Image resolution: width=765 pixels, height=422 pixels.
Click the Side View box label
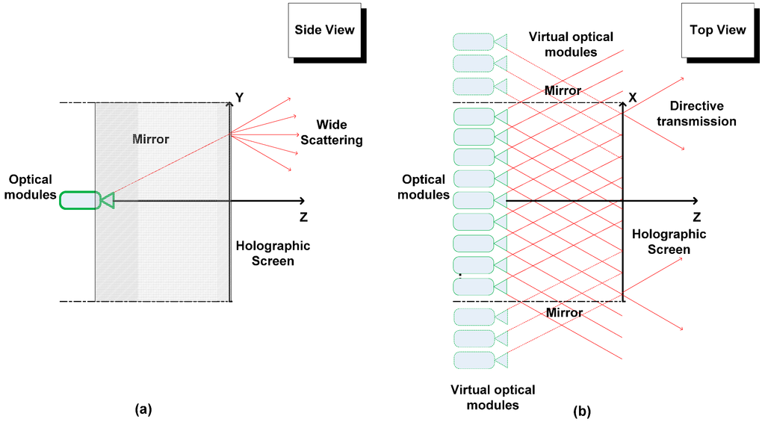pyautogui.click(x=324, y=30)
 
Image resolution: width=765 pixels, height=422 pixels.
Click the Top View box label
pyautogui.click(x=718, y=30)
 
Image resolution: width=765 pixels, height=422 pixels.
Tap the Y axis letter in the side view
pyautogui.click(x=241, y=98)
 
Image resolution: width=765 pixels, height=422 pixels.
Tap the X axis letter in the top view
pyautogui.click(x=633, y=98)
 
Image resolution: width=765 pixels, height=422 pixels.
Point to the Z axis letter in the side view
pyautogui.click(x=302, y=217)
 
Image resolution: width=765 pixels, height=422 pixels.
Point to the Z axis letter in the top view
pyautogui.click(x=696, y=217)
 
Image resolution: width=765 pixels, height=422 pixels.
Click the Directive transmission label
pyautogui.click(x=702, y=114)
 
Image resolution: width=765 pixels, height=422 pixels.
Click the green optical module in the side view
pyautogui.click(x=80, y=200)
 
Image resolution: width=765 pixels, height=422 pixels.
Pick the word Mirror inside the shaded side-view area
pyautogui.click(x=150, y=139)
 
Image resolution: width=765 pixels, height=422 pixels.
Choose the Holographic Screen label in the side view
pyautogui.click(x=273, y=253)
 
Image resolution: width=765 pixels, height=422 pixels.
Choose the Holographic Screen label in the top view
pyautogui.click(x=669, y=241)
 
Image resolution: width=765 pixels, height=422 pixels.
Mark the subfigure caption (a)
pyautogui.click(x=143, y=409)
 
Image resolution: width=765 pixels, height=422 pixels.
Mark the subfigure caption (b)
pyautogui.click(x=581, y=410)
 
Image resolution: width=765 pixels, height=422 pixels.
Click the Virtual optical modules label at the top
pyautogui.click(x=570, y=44)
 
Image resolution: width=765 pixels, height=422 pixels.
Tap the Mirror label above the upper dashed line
pyautogui.click(x=563, y=90)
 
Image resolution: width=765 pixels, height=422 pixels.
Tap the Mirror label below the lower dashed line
pyautogui.click(x=564, y=312)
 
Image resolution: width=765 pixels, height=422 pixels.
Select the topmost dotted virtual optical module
pyautogui.click(x=474, y=42)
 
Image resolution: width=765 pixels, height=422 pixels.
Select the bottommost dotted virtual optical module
pyautogui.click(x=474, y=360)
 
